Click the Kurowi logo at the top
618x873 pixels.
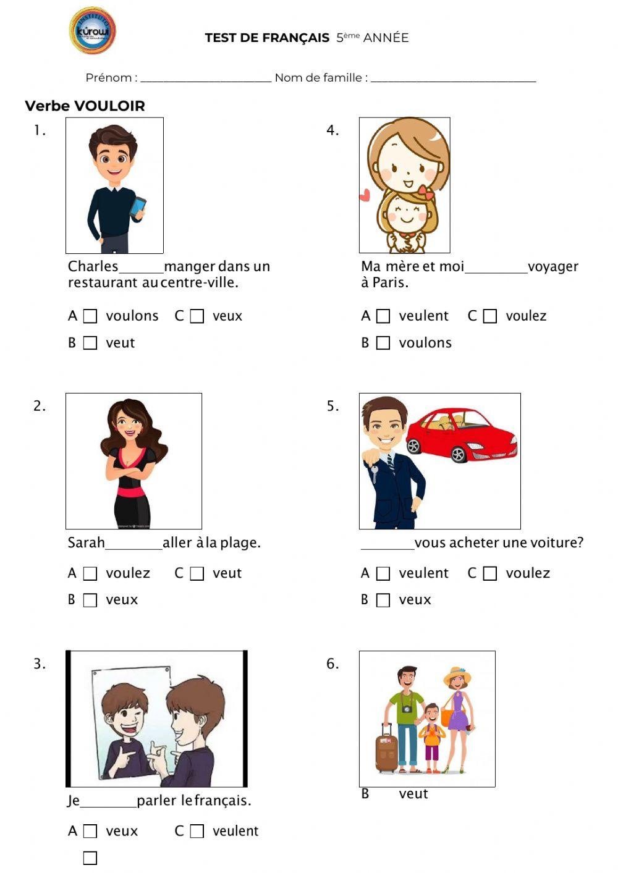click(93, 31)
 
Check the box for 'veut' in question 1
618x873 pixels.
click(90, 343)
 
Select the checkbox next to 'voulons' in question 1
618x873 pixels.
click(90, 316)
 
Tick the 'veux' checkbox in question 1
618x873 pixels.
click(197, 316)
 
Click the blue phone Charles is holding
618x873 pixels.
click(138, 206)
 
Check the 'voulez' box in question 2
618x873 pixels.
click(90, 574)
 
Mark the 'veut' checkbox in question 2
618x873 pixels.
click(197, 574)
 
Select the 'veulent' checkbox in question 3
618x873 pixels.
click(197, 832)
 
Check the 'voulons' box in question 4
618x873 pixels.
click(383, 343)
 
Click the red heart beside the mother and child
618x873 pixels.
click(365, 196)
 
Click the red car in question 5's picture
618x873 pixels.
click(462, 435)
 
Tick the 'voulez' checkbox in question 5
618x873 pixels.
click(490, 574)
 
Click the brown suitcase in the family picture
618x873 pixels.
click(387, 750)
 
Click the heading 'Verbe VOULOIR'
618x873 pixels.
click(85, 106)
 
